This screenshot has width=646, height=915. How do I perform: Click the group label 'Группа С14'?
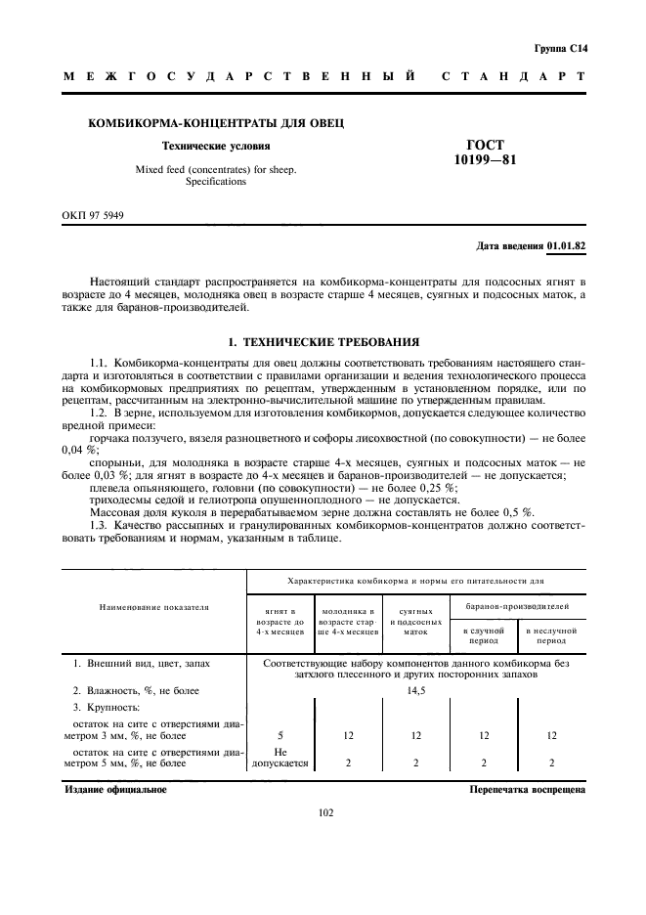point(560,47)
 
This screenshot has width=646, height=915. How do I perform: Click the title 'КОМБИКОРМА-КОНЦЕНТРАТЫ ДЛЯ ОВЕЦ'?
point(216,123)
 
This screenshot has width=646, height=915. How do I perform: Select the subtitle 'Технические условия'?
point(216,146)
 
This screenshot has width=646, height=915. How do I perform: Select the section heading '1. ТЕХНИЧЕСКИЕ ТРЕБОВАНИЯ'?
point(323,342)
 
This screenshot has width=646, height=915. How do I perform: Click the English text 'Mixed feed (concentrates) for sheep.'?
point(216,169)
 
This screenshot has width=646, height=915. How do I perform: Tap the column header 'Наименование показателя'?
point(154,607)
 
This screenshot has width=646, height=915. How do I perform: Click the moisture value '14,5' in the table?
point(416,691)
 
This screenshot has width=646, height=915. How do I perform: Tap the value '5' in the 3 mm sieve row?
point(281,735)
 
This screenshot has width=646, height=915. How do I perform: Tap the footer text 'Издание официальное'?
point(115,789)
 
